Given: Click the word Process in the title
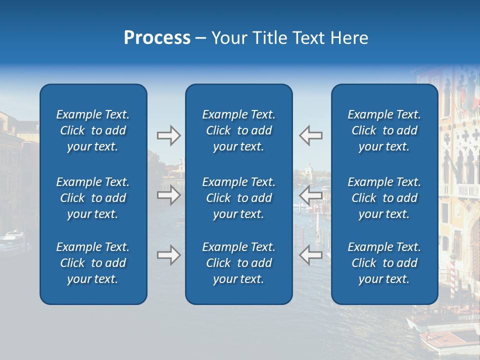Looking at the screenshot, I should (x=157, y=38).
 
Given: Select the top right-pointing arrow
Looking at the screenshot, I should (x=168, y=135).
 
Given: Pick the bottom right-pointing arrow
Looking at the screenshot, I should (x=168, y=255).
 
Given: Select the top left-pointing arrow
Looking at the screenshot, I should (x=310, y=135).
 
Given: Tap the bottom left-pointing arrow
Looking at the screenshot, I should (x=310, y=255).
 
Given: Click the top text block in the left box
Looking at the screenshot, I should (x=93, y=130).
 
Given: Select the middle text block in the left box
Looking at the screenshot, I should (x=93, y=198).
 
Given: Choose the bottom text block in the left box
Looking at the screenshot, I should (x=93, y=263).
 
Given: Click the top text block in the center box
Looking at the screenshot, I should (x=238, y=130).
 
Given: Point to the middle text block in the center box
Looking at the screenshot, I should (x=238, y=198).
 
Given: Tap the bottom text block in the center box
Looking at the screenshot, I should (x=238, y=263).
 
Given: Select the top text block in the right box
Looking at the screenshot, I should (x=384, y=130).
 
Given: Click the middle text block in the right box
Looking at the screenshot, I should (x=384, y=198).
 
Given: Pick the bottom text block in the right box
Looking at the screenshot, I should (x=384, y=263).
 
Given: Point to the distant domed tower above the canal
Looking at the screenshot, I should (x=309, y=170).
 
